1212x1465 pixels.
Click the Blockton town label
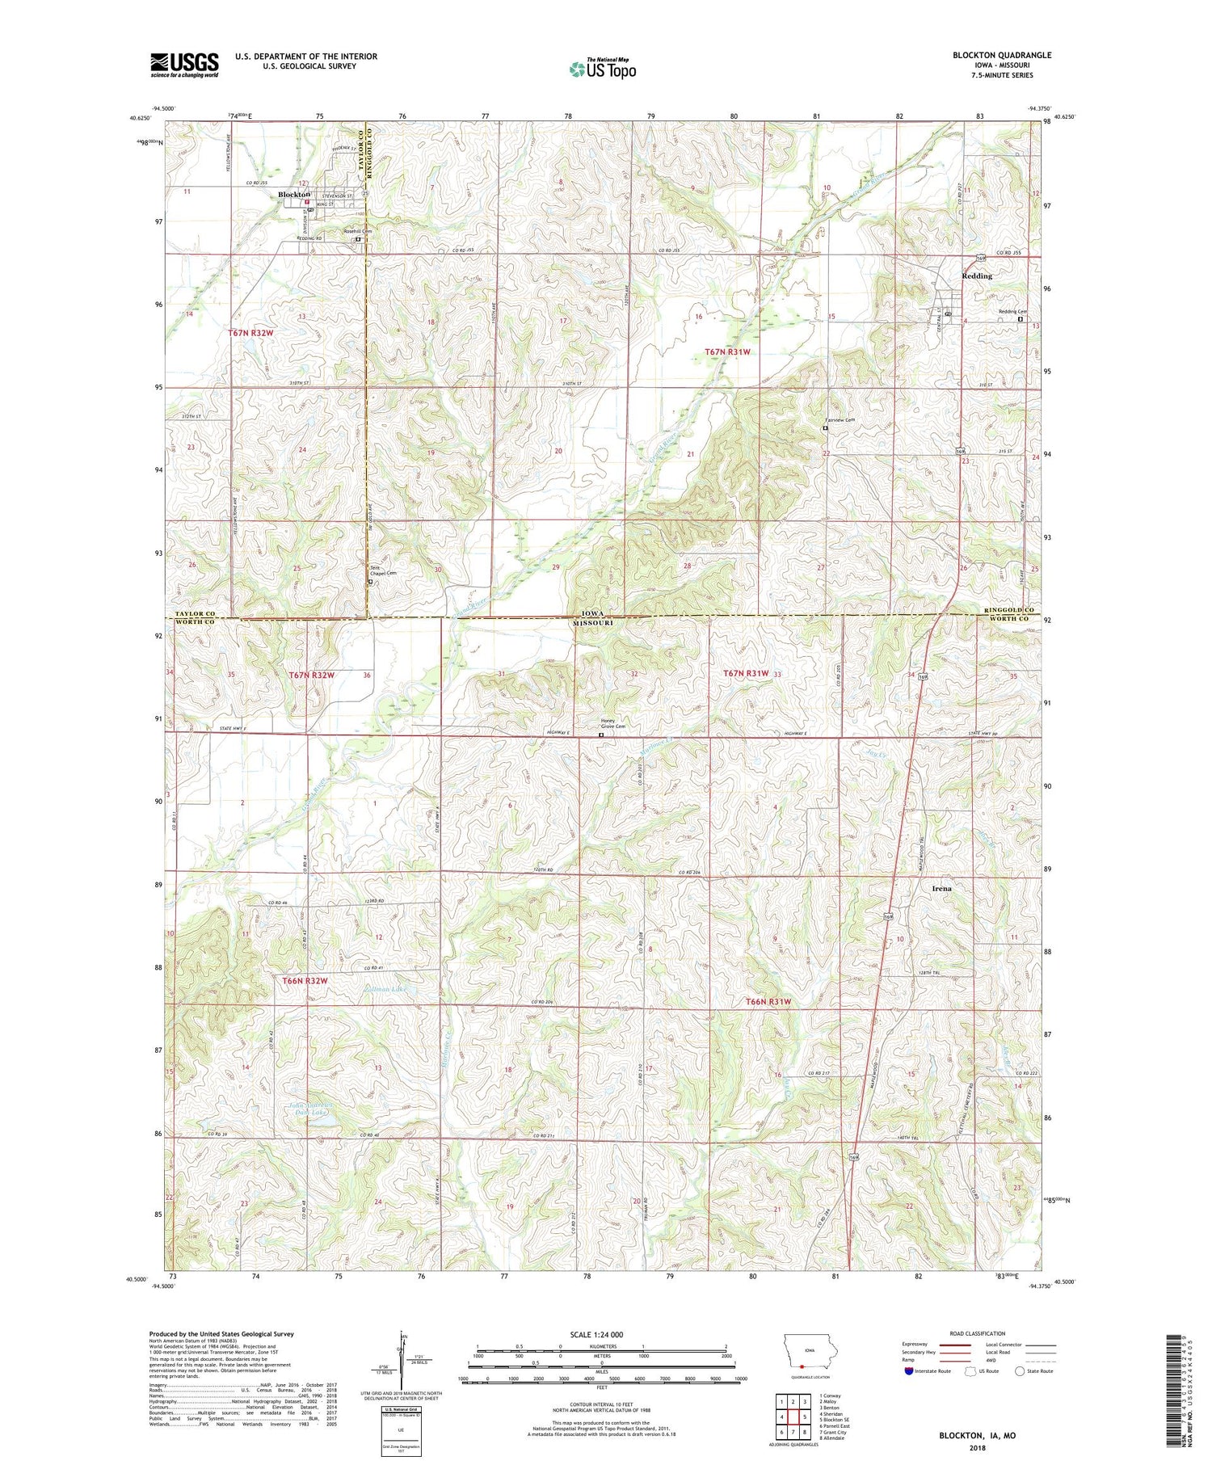click(x=294, y=195)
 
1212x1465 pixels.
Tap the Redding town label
click(x=977, y=276)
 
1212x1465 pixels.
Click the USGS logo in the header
click(x=184, y=65)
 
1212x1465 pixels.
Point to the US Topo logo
click(x=603, y=69)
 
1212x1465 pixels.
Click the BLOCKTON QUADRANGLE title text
click(x=1002, y=55)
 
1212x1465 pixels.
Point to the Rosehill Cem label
click(x=357, y=231)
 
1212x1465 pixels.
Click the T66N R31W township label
click(x=768, y=1002)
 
